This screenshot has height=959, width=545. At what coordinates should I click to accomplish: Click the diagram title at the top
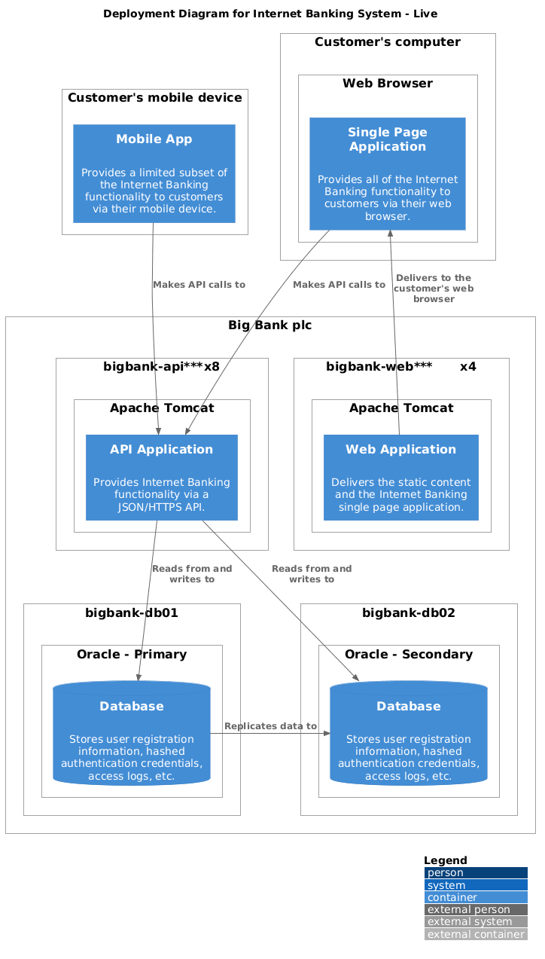(x=269, y=14)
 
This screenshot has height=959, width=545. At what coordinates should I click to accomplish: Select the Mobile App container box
(x=154, y=173)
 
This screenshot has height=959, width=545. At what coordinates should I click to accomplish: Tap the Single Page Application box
(x=388, y=173)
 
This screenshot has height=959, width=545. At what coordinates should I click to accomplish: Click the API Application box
(x=162, y=477)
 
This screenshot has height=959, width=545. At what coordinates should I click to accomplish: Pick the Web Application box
(x=401, y=477)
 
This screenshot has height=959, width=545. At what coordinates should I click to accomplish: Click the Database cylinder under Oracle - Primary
(x=132, y=733)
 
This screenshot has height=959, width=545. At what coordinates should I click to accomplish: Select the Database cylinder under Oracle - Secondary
(x=409, y=733)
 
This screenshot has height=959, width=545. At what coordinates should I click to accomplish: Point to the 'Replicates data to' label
(x=270, y=726)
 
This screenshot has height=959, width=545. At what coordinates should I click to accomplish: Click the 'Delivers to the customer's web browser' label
(x=434, y=289)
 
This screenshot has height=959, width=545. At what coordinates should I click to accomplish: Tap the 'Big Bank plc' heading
(x=269, y=325)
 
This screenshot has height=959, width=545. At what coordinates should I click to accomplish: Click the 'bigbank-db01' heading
(x=132, y=612)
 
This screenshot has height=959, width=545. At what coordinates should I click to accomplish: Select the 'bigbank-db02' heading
(x=409, y=612)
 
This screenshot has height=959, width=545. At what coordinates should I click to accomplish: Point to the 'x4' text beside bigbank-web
(x=467, y=367)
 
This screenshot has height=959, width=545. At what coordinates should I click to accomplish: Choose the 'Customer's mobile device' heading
(x=154, y=97)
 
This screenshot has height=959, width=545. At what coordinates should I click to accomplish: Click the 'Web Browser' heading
(x=388, y=83)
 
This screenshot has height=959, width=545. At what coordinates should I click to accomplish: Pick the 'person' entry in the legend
(x=475, y=873)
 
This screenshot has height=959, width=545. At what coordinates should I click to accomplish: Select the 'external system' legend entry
(x=475, y=921)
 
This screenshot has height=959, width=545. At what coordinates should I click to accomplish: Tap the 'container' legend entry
(x=475, y=897)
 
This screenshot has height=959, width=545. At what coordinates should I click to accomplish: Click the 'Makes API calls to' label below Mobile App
(x=199, y=285)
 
